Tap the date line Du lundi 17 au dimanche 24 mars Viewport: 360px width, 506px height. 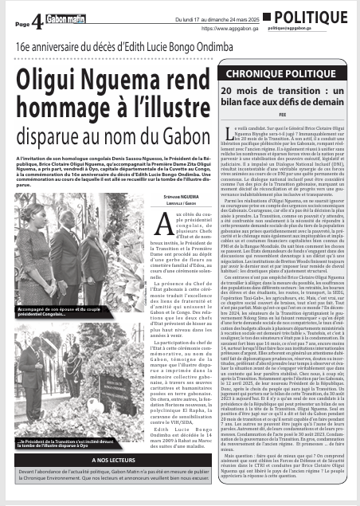point(214,10)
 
